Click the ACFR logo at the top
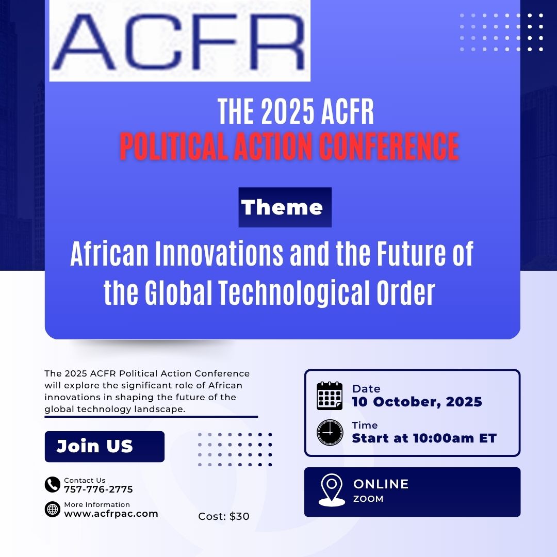coord(180,41)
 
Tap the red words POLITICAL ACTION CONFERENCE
coord(289,146)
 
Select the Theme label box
coord(285,207)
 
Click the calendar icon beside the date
coord(330,396)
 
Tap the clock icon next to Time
coord(330,432)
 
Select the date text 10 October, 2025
coord(417,402)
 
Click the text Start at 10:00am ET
coord(424,438)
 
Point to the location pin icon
coord(332,490)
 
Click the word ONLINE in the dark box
coord(381,484)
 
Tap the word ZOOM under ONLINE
coord(368,499)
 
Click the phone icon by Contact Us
coord(53,484)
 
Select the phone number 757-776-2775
coord(99,489)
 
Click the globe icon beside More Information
coord(53,510)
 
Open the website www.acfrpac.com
coord(111,514)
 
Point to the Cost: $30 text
coord(224,516)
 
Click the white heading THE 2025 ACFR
coord(296,111)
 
